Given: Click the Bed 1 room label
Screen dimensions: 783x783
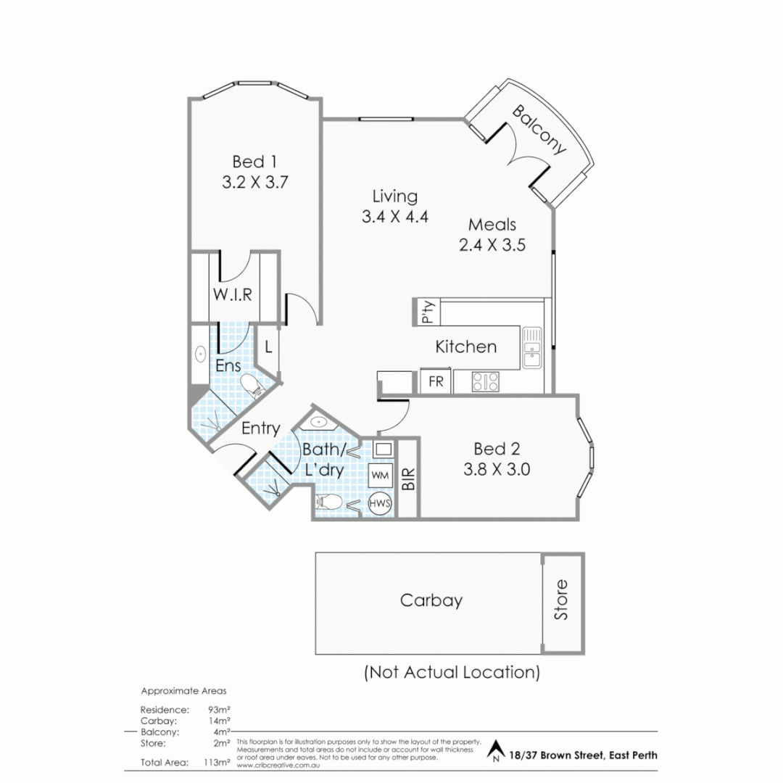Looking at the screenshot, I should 254,161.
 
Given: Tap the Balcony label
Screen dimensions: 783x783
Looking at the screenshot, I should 539,130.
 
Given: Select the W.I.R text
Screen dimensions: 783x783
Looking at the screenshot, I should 232,294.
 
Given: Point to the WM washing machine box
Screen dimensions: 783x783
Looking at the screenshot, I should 380,476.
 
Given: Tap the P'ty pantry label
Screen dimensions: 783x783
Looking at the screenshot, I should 426,312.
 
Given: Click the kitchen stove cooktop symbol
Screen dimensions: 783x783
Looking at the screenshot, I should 485,381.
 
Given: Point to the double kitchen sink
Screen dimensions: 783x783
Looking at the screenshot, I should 532,347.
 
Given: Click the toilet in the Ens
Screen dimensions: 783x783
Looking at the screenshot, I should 251,385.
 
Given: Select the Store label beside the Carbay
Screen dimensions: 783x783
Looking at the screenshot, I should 562,600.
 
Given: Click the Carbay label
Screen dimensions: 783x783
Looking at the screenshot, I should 431,600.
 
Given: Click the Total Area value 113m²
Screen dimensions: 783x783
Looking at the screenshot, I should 219,762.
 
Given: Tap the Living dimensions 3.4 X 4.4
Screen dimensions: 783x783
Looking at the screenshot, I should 395,216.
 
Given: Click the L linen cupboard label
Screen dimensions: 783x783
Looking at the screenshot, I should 268,347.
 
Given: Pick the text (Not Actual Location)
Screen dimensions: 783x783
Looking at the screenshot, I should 452,672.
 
